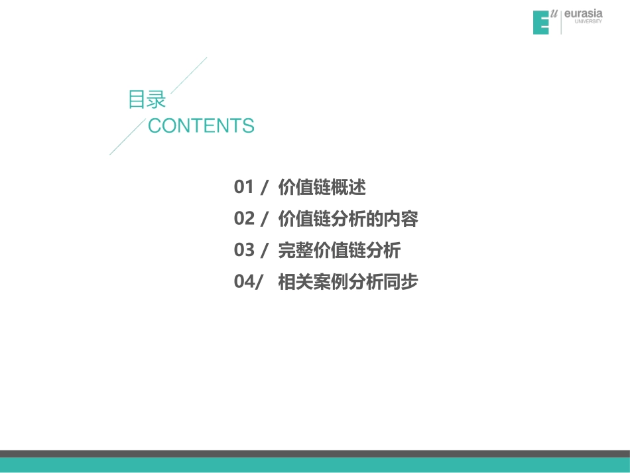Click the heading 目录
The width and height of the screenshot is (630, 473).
coord(147,100)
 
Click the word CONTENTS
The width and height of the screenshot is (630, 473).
coord(201,125)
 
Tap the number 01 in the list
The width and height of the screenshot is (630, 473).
coord(244,188)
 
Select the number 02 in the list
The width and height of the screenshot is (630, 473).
coord(244,219)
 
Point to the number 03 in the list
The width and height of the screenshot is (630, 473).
coord(244,251)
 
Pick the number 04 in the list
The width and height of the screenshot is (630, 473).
coord(243,282)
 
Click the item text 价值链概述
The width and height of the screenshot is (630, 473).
coord(322,188)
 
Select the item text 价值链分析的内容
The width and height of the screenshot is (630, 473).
coord(348,219)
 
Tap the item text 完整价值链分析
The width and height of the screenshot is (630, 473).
coord(340,251)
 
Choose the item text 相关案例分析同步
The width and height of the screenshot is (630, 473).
coord(348,282)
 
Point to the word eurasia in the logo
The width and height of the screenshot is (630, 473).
coord(583,15)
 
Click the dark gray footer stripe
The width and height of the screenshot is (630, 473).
coord(315,454)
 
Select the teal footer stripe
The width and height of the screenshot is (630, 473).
coord(315,464)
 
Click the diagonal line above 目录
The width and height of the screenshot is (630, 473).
coord(189,74)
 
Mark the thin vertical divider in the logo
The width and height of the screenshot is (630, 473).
coord(561,22)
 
